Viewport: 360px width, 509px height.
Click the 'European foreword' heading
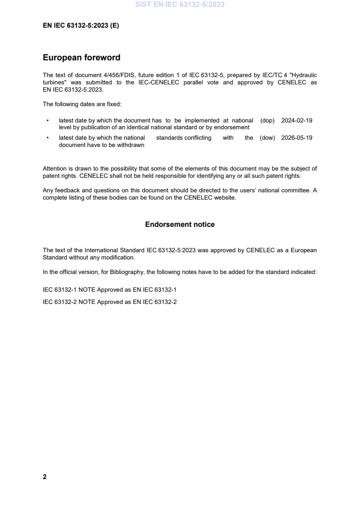pos(81,58)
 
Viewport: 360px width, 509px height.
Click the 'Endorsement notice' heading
pos(180,225)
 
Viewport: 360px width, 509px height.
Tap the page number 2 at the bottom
pos(44,477)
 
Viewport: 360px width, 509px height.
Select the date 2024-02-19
pos(297,121)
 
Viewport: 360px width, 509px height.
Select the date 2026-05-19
pos(297,138)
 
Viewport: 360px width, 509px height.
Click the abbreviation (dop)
pos(268,121)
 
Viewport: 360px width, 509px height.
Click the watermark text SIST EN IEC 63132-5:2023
pos(180,5)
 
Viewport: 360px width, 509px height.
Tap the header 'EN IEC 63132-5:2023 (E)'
pos(81,26)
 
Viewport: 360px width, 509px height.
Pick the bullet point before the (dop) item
pos(47,121)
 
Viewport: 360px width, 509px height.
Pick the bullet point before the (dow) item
pos(47,138)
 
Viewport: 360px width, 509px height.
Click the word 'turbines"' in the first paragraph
pos(54,83)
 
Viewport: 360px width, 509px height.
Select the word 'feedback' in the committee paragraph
pos(66,191)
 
